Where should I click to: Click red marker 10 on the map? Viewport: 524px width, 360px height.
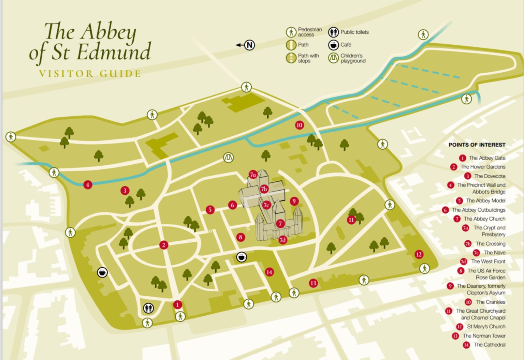pyautogui.click(x=299, y=125)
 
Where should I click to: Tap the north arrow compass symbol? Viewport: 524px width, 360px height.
pyautogui.click(x=250, y=45)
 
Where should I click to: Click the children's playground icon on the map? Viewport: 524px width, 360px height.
pyautogui.click(x=229, y=157)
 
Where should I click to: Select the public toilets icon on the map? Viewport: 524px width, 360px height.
pyautogui.click(x=148, y=308)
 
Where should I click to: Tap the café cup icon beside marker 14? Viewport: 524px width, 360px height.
pyautogui.click(x=242, y=257)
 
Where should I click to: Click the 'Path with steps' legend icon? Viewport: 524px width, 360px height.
pyautogui.click(x=291, y=58)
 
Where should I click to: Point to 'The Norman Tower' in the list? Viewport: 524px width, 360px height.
pyautogui.click(x=484, y=336)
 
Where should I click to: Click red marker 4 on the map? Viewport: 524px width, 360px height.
pyautogui.click(x=88, y=185)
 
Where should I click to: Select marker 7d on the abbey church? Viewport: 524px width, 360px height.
pyautogui.click(x=282, y=240)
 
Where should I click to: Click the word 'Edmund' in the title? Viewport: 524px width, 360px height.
pyautogui.click(x=114, y=52)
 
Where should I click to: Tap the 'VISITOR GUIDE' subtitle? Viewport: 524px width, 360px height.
pyautogui.click(x=90, y=74)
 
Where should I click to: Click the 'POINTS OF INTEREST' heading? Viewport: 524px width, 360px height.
pyautogui.click(x=477, y=145)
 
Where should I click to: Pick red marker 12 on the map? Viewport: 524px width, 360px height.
pyautogui.click(x=419, y=254)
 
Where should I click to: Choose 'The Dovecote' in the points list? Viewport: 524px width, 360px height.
pyautogui.click(x=490, y=176)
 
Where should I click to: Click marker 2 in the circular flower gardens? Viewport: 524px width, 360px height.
pyautogui.click(x=164, y=245)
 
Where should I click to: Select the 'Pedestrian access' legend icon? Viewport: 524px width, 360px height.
pyautogui.click(x=291, y=32)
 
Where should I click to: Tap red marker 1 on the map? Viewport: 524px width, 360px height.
pyautogui.click(x=177, y=304)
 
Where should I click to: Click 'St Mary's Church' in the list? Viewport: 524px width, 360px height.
pyautogui.click(x=486, y=327)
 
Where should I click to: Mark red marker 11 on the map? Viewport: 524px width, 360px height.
pyautogui.click(x=351, y=220)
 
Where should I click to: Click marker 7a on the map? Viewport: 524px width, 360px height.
pyautogui.click(x=253, y=175)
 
